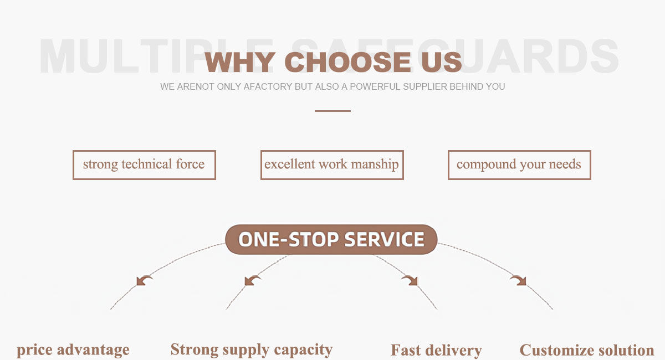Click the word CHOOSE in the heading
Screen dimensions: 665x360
coord(348,62)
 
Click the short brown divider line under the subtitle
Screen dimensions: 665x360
coord(332,111)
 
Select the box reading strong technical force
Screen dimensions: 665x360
coord(144,165)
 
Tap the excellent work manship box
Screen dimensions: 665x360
coord(332,165)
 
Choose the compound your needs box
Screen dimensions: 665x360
coord(519,165)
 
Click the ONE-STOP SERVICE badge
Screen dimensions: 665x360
coord(331,240)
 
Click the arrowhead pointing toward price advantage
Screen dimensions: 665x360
coord(144,281)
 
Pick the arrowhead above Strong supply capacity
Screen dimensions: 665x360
coord(252,281)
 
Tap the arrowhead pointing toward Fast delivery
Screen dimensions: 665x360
coord(411,281)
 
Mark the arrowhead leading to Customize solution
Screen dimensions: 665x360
coord(519,281)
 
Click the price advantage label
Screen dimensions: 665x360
coord(73,350)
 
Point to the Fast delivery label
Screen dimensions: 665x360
coord(436,350)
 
